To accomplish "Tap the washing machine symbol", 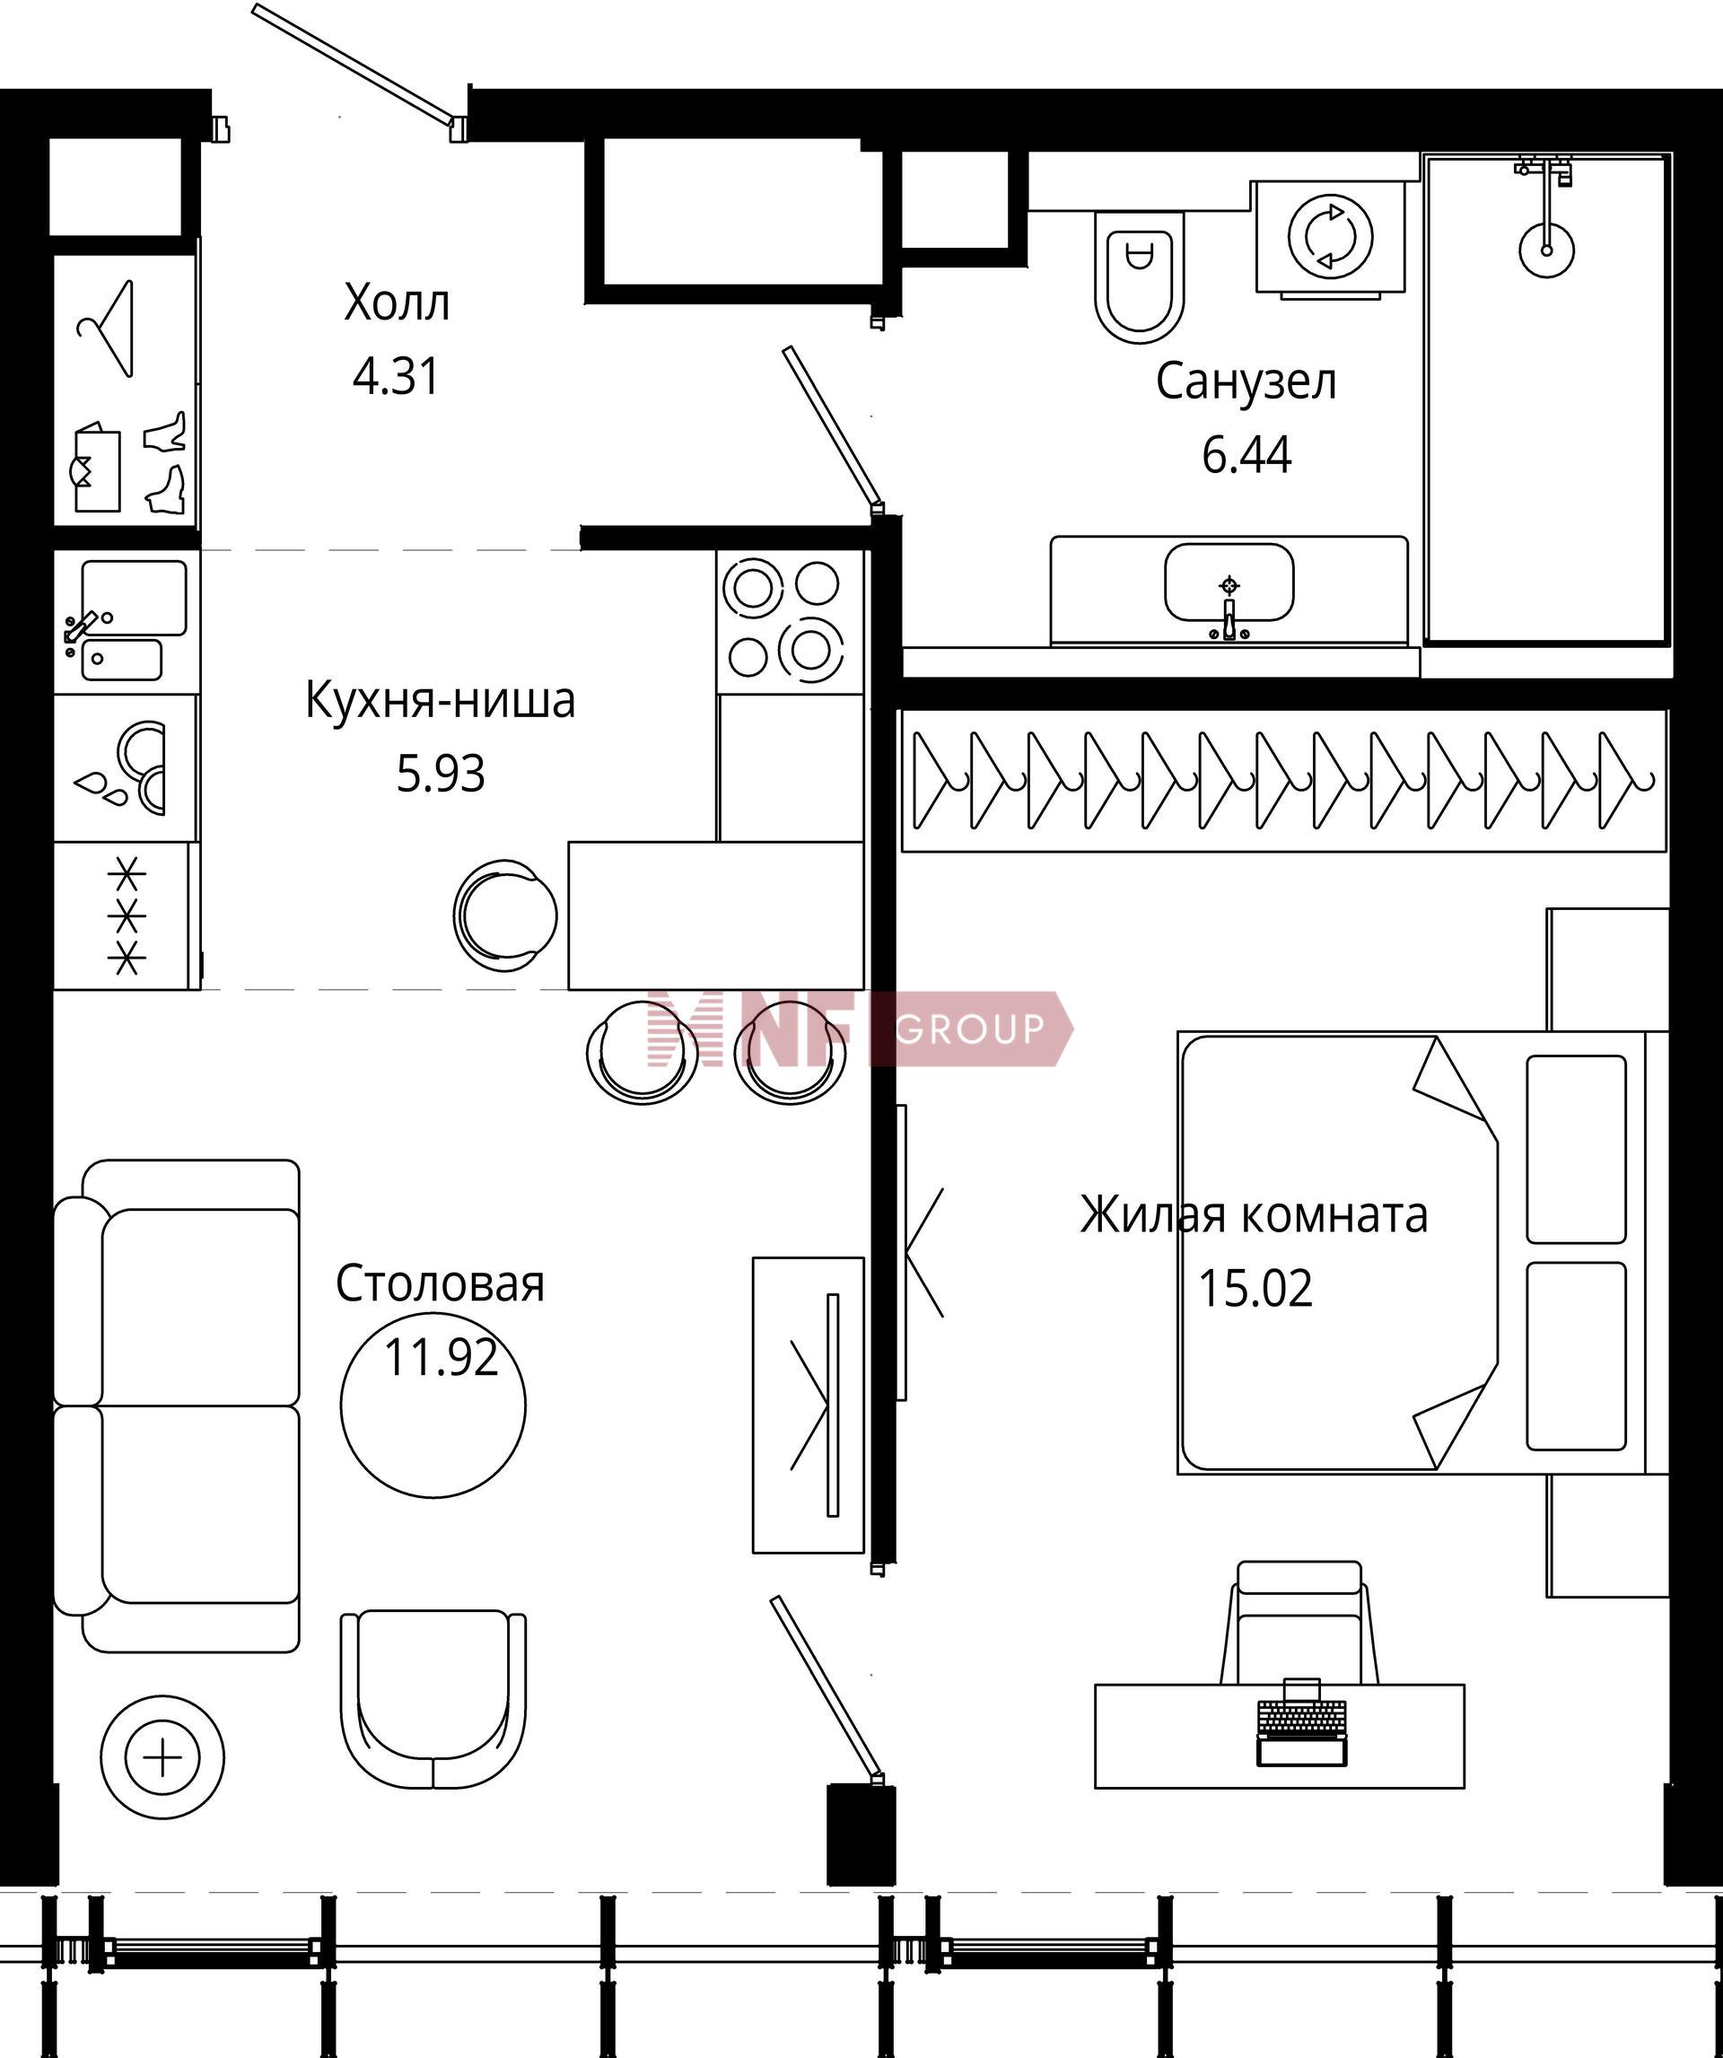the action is click(1331, 238).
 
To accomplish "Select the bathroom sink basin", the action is click(1228, 583).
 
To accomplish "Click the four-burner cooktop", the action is click(791, 622).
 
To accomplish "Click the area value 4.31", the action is click(396, 376).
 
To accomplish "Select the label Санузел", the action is click(1246, 382).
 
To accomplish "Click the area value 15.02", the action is click(1255, 1289).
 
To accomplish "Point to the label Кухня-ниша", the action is click(440, 701).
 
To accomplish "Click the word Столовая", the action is click(440, 1283).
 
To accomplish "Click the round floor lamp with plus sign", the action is click(162, 1758).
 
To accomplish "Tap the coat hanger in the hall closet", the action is click(106, 329).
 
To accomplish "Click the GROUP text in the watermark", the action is click(969, 1029).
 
